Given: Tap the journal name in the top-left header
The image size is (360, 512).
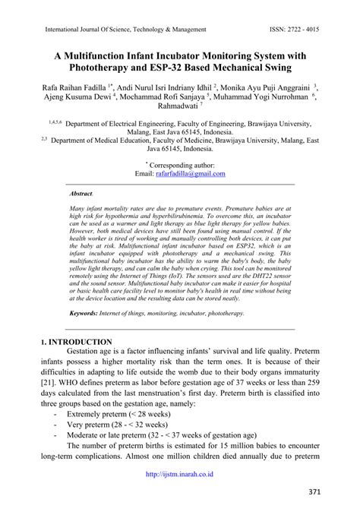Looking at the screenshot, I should click(126, 30).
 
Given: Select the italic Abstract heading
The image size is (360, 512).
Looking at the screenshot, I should click(81, 194).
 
